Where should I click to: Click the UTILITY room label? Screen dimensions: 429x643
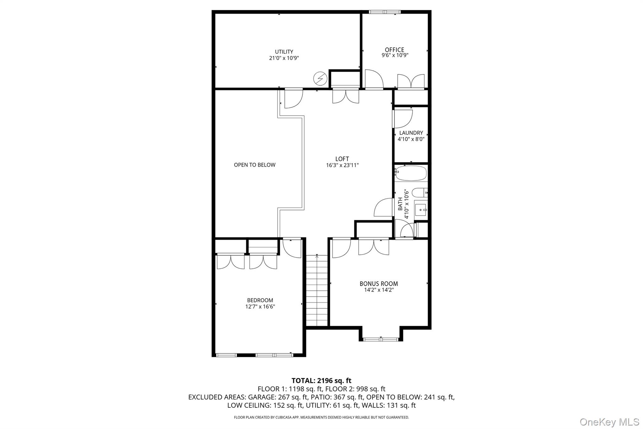tap(284, 52)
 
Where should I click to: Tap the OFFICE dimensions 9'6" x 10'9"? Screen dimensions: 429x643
tap(395, 55)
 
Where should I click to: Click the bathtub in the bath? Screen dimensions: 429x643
tap(411, 173)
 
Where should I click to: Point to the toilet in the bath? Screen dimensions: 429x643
tap(419, 192)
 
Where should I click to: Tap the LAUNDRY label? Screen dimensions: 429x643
tap(411, 133)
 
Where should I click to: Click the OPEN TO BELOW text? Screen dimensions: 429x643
tap(255, 165)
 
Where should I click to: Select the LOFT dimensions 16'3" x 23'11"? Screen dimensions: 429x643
tap(342, 165)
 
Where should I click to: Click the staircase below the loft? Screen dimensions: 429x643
tap(317, 291)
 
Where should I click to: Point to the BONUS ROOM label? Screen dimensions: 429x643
tap(379, 283)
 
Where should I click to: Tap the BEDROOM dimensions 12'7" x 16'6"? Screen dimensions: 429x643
tap(260, 306)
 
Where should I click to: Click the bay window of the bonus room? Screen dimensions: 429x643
tap(381, 339)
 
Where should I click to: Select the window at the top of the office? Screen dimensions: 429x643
tap(385, 12)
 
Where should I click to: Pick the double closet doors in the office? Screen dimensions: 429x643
tap(411, 82)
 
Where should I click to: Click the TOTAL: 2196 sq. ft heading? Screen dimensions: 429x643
tap(321, 381)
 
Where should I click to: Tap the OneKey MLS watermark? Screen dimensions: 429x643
tap(609, 421)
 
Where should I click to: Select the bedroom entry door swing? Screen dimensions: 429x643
tap(292, 248)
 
